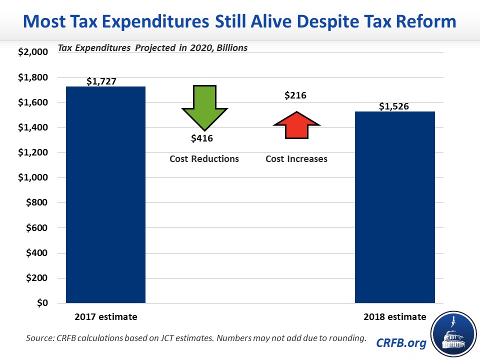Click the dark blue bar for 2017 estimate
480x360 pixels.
tap(105, 195)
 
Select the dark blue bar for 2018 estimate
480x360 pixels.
tap(394, 207)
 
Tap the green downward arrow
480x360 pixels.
tap(204, 108)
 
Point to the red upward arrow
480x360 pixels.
tap(295, 125)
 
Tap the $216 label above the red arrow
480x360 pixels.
tap(295, 95)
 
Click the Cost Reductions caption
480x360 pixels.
tap(203, 159)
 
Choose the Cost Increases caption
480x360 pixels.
tap(296, 159)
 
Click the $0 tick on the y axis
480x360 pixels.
tap(41, 303)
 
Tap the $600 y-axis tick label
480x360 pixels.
tap(37, 228)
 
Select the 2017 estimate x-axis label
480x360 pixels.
tap(106, 317)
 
